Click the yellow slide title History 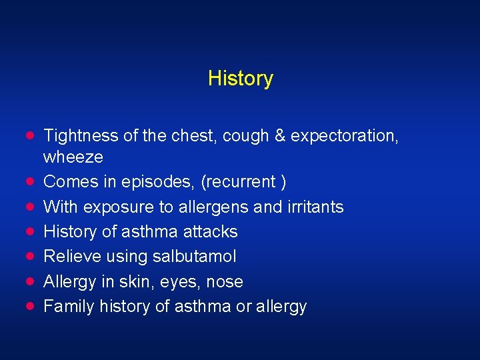coord(240,79)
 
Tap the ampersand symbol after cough coord(279,136)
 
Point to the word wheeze coord(73,157)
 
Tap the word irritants coord(315,207)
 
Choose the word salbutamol coord(198,257)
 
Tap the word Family coord(69,307)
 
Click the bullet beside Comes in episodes coord(31,181)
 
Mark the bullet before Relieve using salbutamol coord(31,256)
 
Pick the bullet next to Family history coord(31,306)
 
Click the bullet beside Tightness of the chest coord(31,135)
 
